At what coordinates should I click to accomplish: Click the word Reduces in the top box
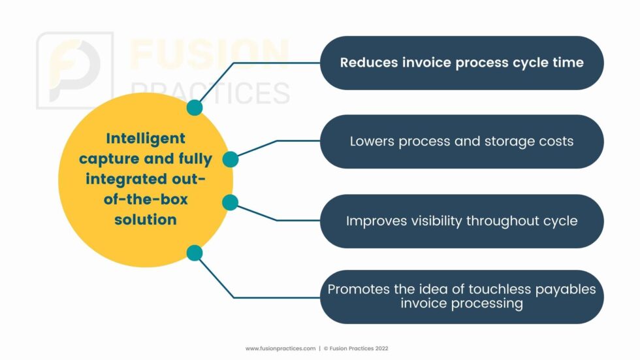369,63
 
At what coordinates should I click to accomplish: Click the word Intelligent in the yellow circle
146,139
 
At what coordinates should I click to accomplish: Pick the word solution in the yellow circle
146,220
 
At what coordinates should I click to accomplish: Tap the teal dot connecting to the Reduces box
195,108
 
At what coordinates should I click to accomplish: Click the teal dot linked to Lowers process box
231,159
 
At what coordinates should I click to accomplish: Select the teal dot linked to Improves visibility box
230,203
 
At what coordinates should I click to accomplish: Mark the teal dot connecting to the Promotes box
195,253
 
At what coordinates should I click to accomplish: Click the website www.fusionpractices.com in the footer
280,349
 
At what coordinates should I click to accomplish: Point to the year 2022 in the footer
381,349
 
